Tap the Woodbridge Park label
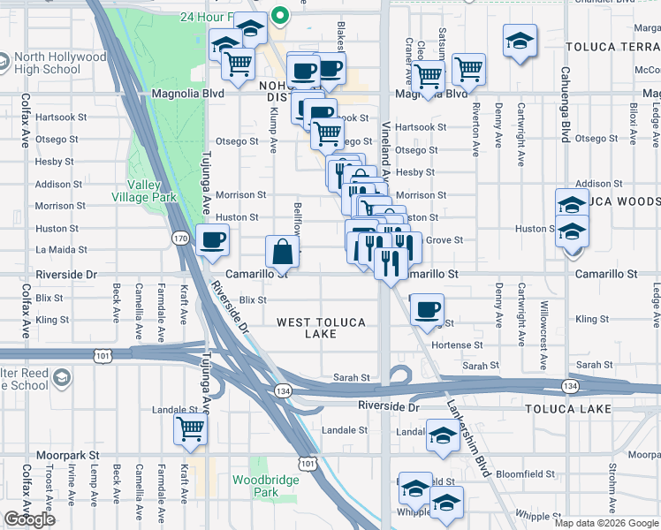tap(255, 486)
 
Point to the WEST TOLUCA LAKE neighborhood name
tap(321, 328)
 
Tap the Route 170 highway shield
tap(180, 238)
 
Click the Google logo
tap(29, 519)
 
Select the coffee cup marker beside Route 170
tap(212, 239)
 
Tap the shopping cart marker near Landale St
tap(191, 429)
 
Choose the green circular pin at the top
tap(280, 14)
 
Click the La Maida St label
tap(61, 251)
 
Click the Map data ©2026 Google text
tap(605, 523)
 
